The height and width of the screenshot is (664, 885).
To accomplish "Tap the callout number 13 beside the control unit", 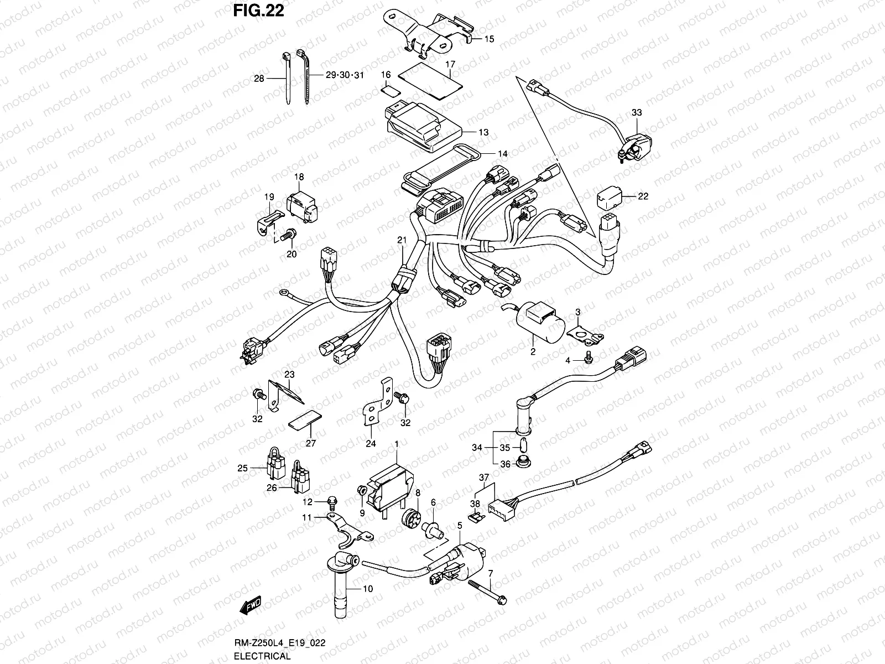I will click(x=483, y=133).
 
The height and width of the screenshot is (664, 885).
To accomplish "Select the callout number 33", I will click(x=637, y=113).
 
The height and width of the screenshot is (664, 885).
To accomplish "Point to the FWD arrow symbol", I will click(x=250, y=606).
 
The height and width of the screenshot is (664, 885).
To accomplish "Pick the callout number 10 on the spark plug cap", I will click(x=368, y=589).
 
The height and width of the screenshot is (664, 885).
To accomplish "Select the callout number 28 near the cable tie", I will click(x=259, y=79).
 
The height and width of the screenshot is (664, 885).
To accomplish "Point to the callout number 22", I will click(x=643, y=196).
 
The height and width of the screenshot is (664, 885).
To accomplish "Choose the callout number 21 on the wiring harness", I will click(x=402, y=240).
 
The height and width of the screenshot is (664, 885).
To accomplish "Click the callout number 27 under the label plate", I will click(x=310, y=443).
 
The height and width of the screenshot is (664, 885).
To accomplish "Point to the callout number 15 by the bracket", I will click(x=490, y=39).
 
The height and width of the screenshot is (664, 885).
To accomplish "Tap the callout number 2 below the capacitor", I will click(x=533, y=351).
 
